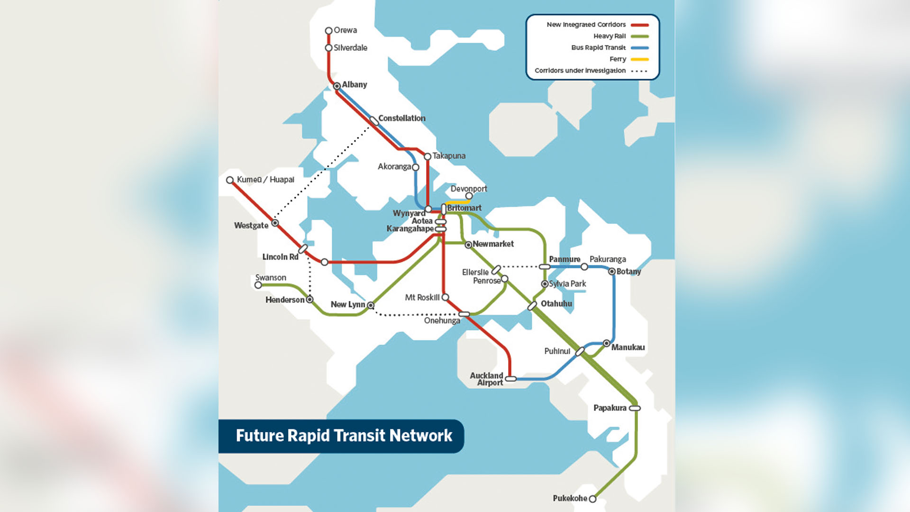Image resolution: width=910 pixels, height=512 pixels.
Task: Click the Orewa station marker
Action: [328, 30]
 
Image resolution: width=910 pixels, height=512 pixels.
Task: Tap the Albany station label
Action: [355, 84]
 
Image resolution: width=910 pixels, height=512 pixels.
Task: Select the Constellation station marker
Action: [374, 120]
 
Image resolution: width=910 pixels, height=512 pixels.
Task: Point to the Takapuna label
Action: [449, 155]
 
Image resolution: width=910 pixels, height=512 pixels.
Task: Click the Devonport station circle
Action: [469, 196]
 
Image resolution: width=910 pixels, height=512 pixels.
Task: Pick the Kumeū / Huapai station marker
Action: [230, 180]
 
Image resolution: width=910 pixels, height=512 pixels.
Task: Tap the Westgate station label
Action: [251, 225]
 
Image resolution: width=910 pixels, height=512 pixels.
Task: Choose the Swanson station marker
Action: [258, 285]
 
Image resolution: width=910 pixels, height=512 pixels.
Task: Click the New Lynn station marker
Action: [371, 305]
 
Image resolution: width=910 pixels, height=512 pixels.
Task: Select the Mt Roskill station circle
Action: [445, 297]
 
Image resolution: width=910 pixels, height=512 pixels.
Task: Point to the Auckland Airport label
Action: [487, 379]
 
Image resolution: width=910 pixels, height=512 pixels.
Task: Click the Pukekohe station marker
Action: [592, 499]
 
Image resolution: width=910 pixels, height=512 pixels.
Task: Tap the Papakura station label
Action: [610, 408]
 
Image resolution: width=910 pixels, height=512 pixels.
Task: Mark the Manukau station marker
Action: [607, 343]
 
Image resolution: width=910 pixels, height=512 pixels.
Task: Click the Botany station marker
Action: [612, 272]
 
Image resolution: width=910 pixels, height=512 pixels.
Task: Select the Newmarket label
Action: [493, 244]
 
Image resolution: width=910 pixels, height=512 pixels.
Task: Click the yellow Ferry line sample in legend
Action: [639, 59]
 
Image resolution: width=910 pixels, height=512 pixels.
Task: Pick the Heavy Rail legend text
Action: [610, 36]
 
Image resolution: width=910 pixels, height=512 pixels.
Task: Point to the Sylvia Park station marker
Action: [545, 284]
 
